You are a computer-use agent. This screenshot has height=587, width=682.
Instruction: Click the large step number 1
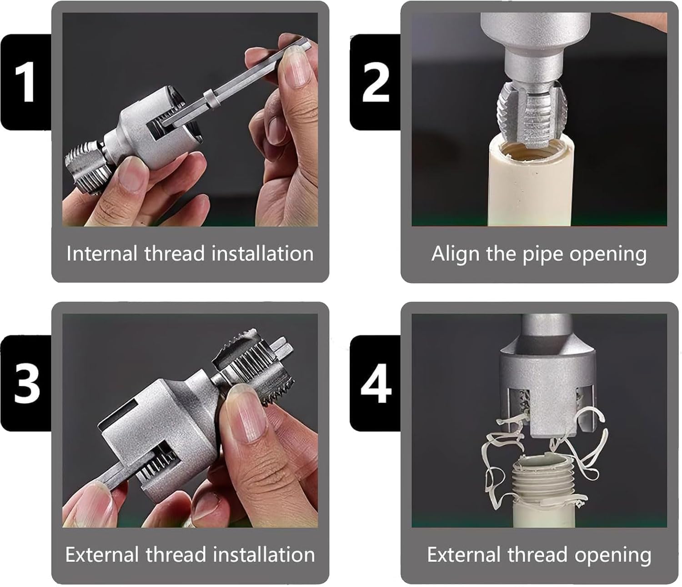25,82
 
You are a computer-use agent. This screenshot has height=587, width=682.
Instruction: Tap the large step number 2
376,82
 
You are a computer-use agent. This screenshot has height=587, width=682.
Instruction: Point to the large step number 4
376,383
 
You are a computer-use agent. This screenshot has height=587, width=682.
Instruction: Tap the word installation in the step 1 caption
262,254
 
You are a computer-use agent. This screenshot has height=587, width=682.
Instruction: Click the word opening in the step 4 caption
613,556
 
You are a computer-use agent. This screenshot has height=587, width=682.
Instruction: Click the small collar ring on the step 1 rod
211,98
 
